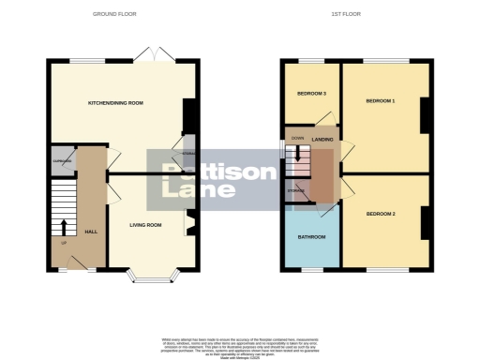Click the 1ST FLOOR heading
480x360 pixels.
click(x=345, y=14)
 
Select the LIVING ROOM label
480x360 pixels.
click(x=145, y=225)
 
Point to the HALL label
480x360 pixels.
click(x=91, y=232)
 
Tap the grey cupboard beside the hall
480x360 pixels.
click(x=62, y=160)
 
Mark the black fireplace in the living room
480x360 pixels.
click(x=190, y=224)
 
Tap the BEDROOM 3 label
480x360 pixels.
click(x=311, y=95)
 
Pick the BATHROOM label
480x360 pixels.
click(x=310, y=237)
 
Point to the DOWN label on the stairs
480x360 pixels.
click(x=297, y=138)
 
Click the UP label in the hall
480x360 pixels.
click(x=64, y=242)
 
